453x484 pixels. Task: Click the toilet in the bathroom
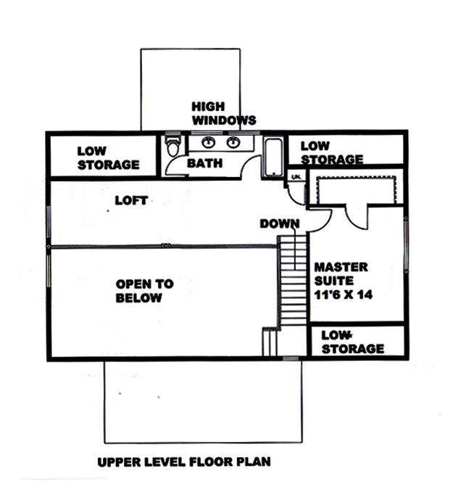(x=172, y=147)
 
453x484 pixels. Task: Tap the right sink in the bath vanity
(x=233, y=142)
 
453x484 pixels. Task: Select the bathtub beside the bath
(x=273, y=157)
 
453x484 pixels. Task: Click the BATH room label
(x=205, y=164)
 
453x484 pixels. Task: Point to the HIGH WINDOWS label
(x=223, y=113)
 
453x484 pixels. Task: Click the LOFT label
(x=131, y=200)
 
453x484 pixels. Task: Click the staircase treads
(x=293, y=283)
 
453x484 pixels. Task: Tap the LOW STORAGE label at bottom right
(x=352, y=342)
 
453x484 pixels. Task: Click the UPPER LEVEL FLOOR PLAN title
(x=186, y=462)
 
